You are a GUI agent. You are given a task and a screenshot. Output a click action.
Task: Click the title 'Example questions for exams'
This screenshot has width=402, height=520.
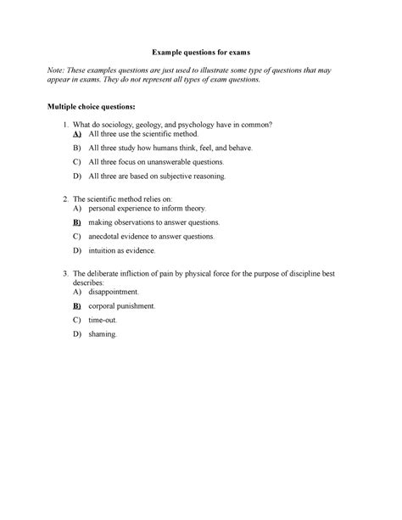pyautogui.click(x=201, y=52)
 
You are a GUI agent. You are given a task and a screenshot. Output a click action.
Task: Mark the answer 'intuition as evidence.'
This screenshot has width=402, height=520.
pyautogui.click(x=122, y=251)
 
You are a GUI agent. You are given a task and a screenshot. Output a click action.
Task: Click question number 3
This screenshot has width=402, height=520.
pyautogui.click(x=67, y=273)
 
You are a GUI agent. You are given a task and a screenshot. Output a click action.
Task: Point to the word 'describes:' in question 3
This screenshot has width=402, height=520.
pyautogui.click(x=93, y=282)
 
